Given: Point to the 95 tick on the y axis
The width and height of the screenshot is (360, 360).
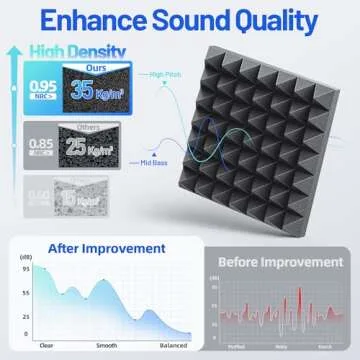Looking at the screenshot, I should click(x=24, y=267).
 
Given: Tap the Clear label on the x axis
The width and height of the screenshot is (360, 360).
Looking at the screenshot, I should click(x=45, y=345).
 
